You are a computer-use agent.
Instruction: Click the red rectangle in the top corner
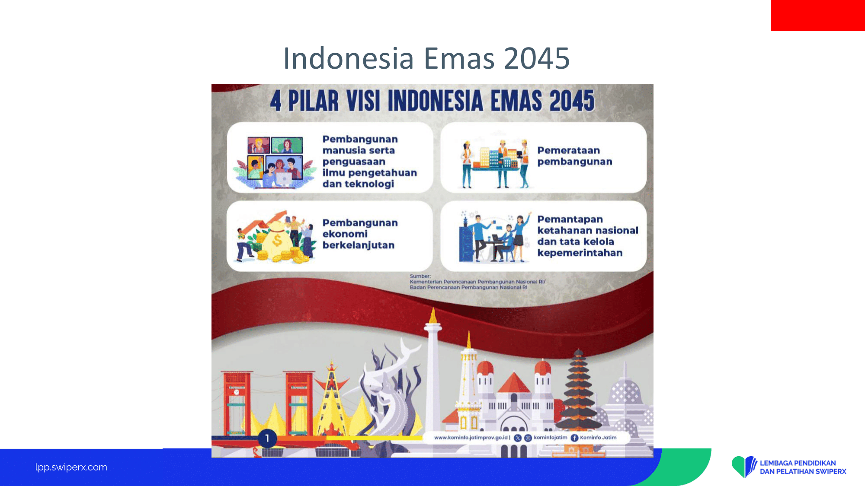pyautogui.click(x=818, y=16)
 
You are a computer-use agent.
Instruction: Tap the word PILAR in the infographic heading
pyautogui.click(x=313, y=101)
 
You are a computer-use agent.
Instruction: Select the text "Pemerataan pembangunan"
pyautogui.click(x=575, y=156)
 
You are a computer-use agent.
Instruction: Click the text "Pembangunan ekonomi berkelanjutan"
pyautogui.click(x=360, y=234)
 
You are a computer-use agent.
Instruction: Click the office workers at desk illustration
pyautogui.click(x=494, y=237)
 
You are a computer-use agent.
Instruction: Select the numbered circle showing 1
pyautogui.click(x=267, y=438)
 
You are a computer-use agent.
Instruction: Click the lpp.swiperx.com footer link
pyautogui.click(x=71, y=467)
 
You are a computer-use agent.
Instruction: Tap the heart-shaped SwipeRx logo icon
pyautogui.click(x=744, y=467)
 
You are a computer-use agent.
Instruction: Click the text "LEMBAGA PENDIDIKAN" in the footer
pyautogui.click(x=798, y=463)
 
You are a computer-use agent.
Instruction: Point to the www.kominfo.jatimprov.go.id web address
pyautogui.click(x=471, y=438)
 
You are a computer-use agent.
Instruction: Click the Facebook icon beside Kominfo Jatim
pyautogui.click(x=574, y=438)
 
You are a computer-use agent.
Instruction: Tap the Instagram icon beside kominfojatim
pyautogui.click(x=528, y=438)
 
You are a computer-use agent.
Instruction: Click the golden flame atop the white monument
pyautogui.click(x=433, y=316)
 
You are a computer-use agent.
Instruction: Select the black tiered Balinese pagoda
pyautogui.click(x=579, y=389)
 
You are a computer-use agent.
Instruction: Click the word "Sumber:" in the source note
pyautogui.click(x=420, y=276)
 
